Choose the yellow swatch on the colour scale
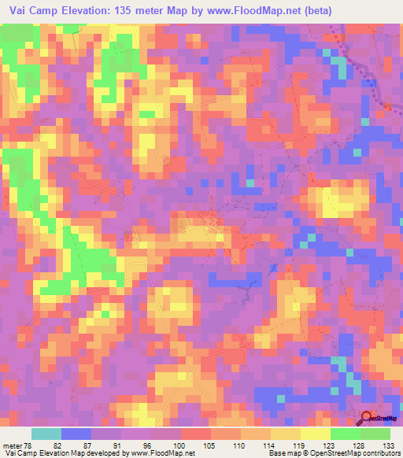click(x=315, y=434)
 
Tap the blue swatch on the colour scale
click(x=76, y=434)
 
